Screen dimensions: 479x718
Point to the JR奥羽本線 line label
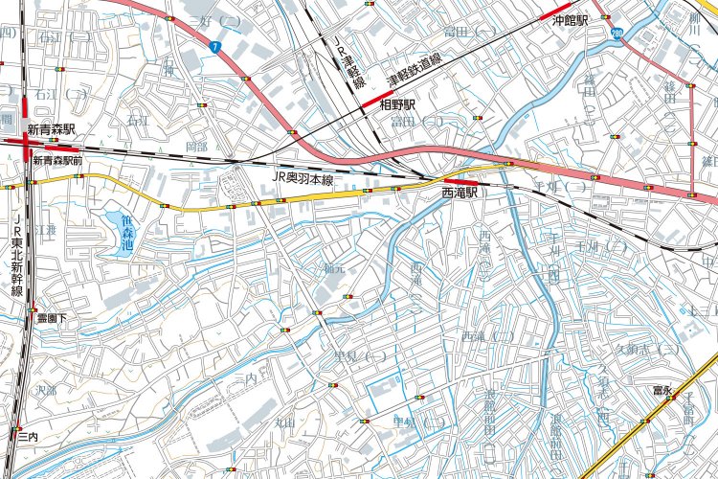point(302,179)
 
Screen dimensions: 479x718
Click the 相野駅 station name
point(397,104)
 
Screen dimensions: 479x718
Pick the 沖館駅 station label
point(569,19)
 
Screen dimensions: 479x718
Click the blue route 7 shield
point(216,45)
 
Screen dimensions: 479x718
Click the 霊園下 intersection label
point(51,317)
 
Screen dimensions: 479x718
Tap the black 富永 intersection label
point(662,390)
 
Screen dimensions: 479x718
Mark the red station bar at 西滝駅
point(460,181)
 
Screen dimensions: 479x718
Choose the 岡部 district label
point(196,147)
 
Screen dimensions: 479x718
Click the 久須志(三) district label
point(648,349)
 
